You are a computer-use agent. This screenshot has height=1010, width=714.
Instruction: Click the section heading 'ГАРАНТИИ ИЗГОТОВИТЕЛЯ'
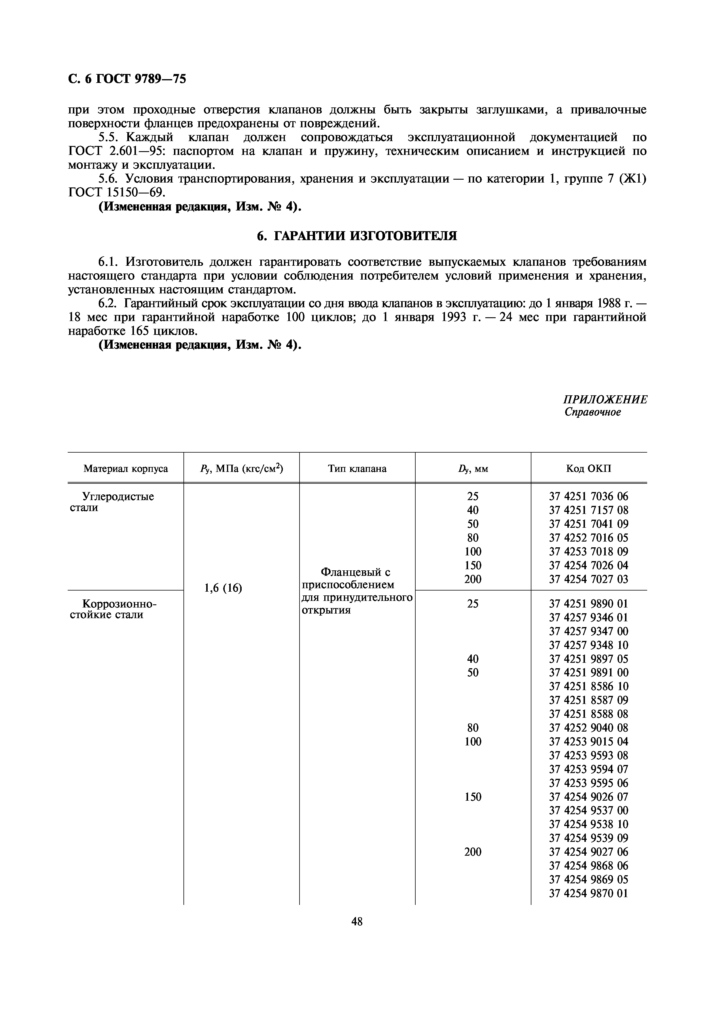coord(365,236)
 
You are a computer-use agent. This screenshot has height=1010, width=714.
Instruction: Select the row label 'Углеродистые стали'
coord(113,502)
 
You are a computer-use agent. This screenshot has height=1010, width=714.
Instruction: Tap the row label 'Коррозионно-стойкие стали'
coord(113,609)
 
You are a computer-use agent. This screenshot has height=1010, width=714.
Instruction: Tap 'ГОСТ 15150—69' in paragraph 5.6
coord(117,192)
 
